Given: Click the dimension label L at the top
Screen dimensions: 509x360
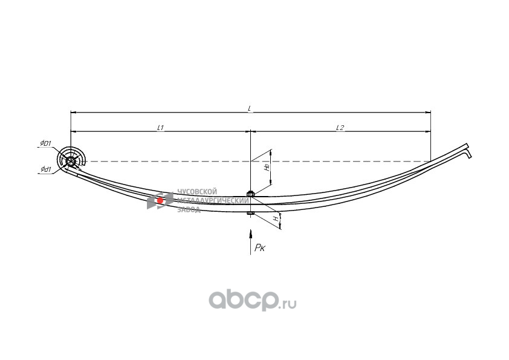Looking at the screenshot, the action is click(x=250, y=108).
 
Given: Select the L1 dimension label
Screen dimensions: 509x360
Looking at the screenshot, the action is click(x=161, y=128).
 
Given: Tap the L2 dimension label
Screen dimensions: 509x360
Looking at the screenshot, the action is click(x=340, y=128).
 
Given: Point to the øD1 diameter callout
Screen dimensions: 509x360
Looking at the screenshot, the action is click(x=45, y=143).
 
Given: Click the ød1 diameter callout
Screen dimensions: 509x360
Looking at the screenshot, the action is click(x=45, y=169).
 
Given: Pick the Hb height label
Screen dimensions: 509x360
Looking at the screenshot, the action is click(x=266, y=166).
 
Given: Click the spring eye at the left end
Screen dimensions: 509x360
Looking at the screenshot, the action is click(x=71, y=161).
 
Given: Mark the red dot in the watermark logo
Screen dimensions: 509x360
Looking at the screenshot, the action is click(x=160, y=200).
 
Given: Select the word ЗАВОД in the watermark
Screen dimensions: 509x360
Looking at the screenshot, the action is click(x=189, y=209).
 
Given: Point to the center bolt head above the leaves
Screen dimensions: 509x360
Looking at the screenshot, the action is click(x=250, y=193).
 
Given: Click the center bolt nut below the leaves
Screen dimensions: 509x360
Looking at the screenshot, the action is click(x=250, y=213).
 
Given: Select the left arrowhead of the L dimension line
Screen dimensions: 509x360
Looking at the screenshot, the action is click(x=73, y=112).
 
